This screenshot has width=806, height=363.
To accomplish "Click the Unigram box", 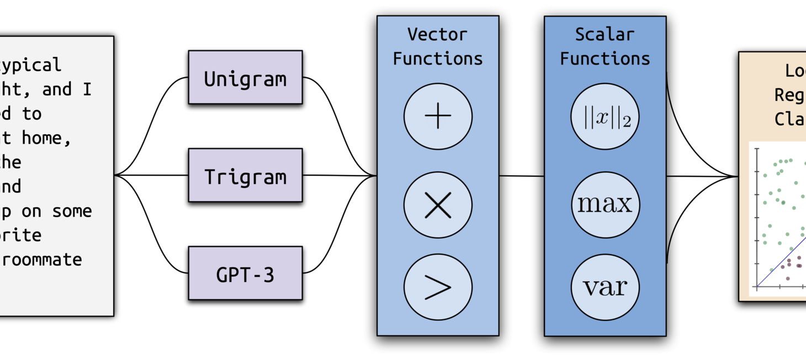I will [245, 77].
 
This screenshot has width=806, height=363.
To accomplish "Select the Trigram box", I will [245, 176].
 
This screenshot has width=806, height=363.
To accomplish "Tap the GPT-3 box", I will [245, 273].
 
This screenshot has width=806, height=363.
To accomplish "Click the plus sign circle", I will [438, 117].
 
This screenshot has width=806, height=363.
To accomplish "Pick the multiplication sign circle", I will [438, 205].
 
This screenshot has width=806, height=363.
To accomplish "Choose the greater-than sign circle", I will [438, 287].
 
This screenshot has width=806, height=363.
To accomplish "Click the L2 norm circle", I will [605, 118].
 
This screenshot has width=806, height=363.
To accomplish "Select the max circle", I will [605, 204].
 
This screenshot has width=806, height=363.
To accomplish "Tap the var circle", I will [605, 287].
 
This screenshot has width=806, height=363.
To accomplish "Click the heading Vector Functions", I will [438, 46].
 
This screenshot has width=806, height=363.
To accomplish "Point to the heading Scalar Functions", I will [605, 46].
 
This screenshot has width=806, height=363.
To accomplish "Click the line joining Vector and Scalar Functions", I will [522, 176].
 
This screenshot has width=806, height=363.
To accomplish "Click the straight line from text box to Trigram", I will [152, 176].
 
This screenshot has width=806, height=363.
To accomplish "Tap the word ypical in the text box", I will [30, 65].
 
